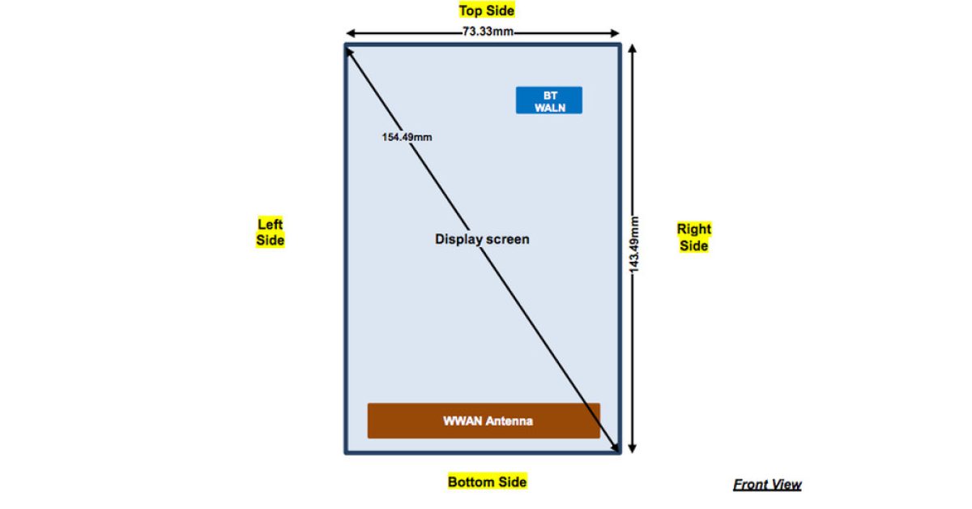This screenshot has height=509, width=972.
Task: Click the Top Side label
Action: (x=487, y=11)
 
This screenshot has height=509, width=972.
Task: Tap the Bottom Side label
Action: (x=488, y=481)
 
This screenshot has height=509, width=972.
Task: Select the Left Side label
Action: (x=270, y=232)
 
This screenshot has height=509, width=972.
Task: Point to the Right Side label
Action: (x=694, y=237)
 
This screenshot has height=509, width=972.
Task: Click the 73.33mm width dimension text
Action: (x=488, y=32)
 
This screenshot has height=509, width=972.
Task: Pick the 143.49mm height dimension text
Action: (x=634, y=245)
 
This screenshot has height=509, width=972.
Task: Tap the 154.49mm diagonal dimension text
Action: (x=407, y=137)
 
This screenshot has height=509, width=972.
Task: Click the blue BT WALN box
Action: (x=549, y=101)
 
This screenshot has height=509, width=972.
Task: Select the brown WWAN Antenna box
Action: (x=484, y=421)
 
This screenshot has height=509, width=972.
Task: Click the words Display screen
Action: (x=482, y=239)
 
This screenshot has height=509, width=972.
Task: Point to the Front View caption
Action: (x=767, y=484)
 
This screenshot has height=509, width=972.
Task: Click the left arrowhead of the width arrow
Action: (x=347, y=33)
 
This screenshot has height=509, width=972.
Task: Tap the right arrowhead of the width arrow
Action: (x=619, y=33)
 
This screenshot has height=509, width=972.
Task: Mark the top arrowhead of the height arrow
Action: (x=633, y=45)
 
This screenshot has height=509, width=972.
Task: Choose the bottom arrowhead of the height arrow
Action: (x=633, y=453)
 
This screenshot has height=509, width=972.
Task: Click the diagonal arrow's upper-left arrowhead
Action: (x=347, y=49)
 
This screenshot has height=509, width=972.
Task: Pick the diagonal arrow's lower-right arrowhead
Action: (x=619, y=452)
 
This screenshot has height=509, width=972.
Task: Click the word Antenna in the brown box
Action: (x=509, y=421)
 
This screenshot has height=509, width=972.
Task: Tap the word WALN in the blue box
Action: (x=550, y=107)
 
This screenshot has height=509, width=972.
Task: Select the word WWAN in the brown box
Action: (x=463, y=421)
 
